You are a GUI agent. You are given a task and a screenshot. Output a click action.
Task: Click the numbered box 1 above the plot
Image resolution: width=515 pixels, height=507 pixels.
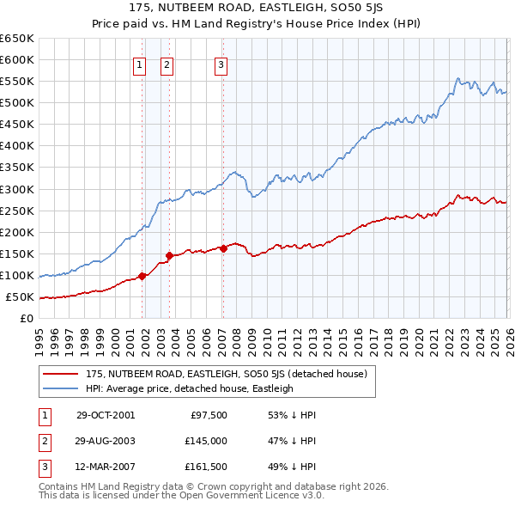pos(139,64)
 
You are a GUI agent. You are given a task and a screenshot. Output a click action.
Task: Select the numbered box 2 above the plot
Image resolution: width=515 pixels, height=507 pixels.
pos(166,64)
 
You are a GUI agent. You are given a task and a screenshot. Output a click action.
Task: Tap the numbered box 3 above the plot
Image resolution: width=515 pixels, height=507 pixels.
pos(221,64)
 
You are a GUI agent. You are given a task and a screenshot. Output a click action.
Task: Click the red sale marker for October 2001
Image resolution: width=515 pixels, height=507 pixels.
pos(142,276)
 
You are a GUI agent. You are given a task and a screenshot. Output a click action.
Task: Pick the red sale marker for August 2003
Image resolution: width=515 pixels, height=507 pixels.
pos(170,255)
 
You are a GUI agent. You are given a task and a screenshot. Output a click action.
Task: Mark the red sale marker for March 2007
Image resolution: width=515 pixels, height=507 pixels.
pos(223,248)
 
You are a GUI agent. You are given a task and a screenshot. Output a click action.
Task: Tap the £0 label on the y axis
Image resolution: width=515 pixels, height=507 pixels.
pos(27,319)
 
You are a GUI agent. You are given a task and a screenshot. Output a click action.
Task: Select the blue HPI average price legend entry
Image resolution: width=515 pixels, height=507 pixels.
pos(189,388)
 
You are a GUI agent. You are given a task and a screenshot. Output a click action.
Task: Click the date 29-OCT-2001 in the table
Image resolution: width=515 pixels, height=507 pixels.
pos(105,415)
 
